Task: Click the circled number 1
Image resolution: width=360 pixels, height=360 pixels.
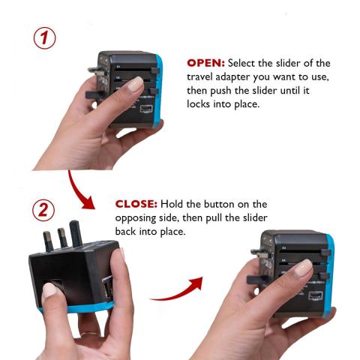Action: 45,38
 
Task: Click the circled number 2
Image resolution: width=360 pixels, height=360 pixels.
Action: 43,210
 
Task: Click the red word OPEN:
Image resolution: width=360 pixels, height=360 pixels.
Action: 205,63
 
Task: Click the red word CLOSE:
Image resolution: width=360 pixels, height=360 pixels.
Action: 136,204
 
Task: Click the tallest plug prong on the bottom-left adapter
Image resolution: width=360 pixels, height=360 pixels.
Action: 76,233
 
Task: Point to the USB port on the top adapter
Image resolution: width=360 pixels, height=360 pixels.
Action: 146,109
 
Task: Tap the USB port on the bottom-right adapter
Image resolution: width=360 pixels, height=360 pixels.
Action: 315,295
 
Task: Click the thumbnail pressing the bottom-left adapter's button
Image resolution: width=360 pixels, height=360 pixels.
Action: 49,289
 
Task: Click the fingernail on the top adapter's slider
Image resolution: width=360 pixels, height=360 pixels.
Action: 135,84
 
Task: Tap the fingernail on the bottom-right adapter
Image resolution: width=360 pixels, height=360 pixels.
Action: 303,267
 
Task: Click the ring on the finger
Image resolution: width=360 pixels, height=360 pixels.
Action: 90,334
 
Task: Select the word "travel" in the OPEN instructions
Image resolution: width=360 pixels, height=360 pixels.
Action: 199,76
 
